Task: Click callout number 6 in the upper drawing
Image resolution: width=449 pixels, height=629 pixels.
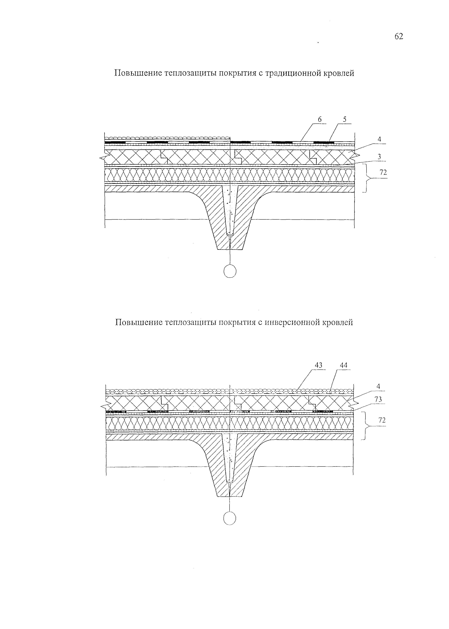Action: [x=320, y=119]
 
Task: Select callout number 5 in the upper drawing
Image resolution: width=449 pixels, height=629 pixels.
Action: [x=345, y=119]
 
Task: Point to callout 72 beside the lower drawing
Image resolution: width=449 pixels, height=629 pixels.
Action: [x=382, y=420]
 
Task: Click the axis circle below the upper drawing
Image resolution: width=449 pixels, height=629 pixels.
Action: [x=230, y=271]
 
